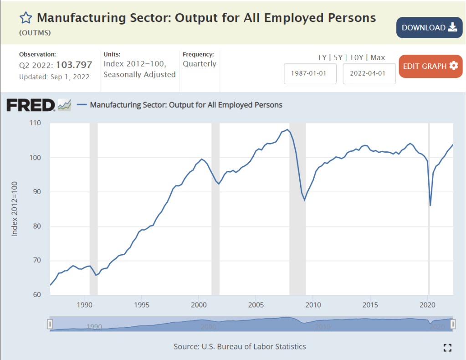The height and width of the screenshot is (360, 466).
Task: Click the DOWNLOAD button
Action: click(429, 27)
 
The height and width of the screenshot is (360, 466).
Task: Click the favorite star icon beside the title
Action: click(26, 18)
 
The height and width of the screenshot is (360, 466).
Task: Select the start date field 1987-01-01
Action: click(310, 74)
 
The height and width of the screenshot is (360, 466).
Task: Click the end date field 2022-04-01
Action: click(369, 74)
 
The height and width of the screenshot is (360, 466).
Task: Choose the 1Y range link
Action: click(322, 57)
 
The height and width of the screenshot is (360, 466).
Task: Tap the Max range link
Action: click(378, 57)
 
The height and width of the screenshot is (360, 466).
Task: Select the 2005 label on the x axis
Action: click(256, 304)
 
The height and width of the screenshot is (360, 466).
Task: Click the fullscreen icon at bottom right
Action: click(447, 348)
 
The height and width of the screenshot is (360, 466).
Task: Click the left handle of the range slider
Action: click(50, 324)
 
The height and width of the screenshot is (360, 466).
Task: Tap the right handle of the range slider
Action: click(453, 324)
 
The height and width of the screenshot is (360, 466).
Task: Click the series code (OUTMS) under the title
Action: click(35, 33)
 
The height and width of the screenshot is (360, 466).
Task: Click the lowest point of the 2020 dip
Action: click(430, 206)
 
